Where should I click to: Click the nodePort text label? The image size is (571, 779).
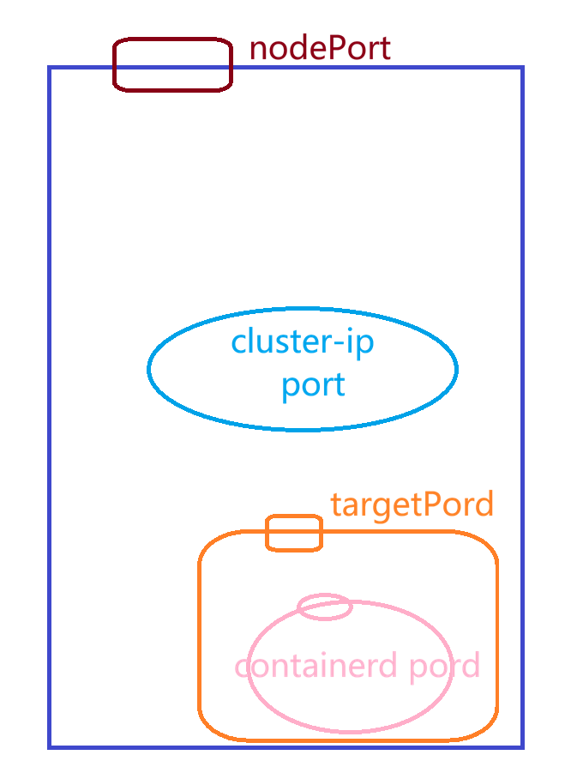pyautogui.click(x=320, y=48)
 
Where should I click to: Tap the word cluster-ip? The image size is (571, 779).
pyautogui.click(x=303, y=342)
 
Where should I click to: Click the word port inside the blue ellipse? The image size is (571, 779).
pyautogui.click(x=313, y=384)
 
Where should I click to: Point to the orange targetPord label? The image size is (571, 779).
pyautogui.click(x=412, y=504)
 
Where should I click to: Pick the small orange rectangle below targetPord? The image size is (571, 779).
pyautogui.click(x=294, y=533)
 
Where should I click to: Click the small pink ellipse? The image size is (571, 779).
pyautogui.click(x=324, y=607)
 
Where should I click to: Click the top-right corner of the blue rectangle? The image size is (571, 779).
pyautogui.click(x=522, y=68)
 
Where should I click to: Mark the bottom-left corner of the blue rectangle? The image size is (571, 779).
pyautogui.click(x=50, y=746)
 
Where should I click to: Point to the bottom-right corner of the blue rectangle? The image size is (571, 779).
pyautogui.click(x=522, y=746)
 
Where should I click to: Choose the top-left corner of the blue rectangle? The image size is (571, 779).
pyautogui.click(x=50, y=68)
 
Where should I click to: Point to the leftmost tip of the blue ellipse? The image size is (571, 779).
pyautogui.click(x=148, y=369)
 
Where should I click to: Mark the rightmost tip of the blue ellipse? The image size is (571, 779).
pyautogui.click(x=457, y=369)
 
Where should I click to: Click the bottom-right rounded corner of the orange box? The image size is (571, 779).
pyautogui.click(x=486, y=729)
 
